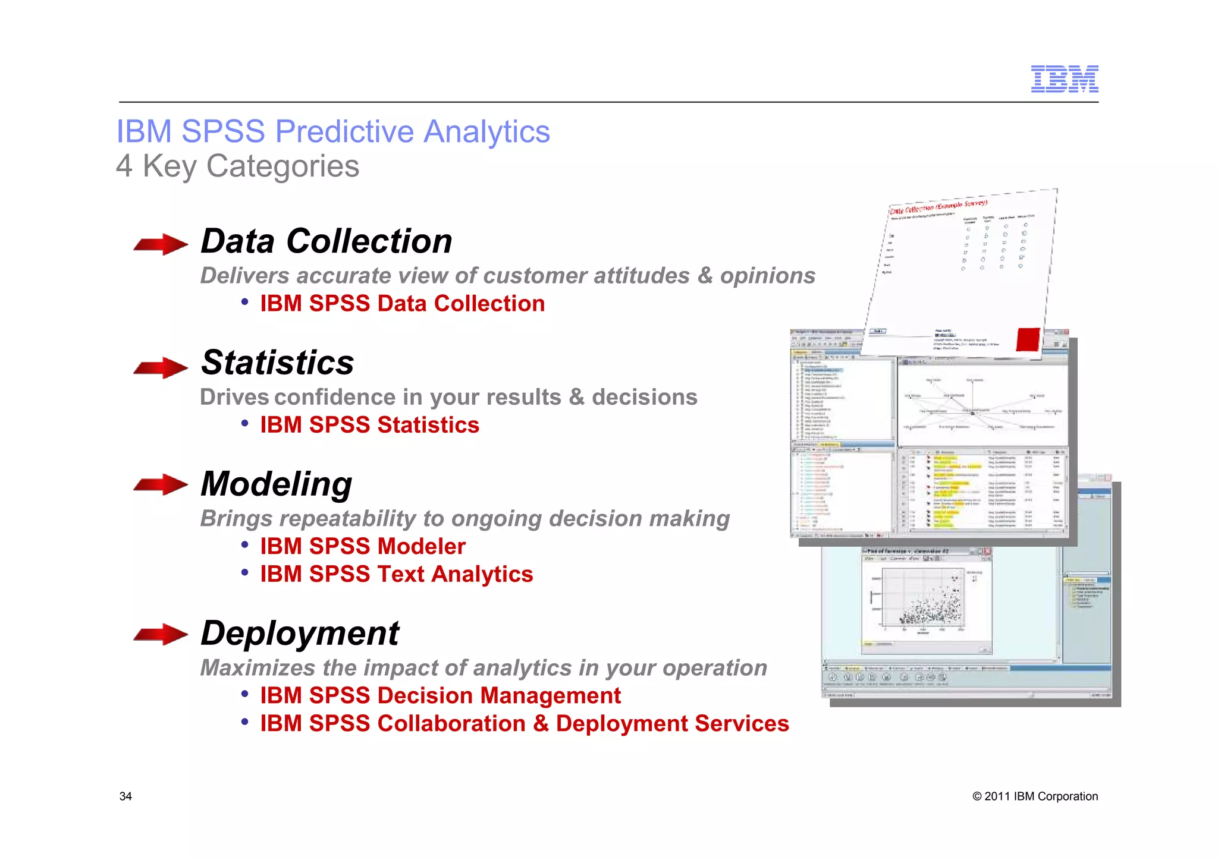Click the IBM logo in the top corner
pos(1064,79)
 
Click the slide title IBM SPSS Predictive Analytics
pos(333,131)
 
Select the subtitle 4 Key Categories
pos(237,166)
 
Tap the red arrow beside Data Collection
pos(161,244)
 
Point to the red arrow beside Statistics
pos(161,367)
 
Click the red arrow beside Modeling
pos(161,484)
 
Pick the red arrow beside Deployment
pos(161,634)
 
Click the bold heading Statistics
pos(277,363)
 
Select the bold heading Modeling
pos(276,484)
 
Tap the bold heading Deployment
pos(300,633)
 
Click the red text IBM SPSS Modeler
pos(362,546)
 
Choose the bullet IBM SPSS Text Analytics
pos(396,574)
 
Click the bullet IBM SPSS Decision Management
pos(440,695)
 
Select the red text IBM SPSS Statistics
pos(369,425)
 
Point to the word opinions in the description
pos(767,276)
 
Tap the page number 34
pos(125,796)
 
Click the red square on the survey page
pos(1028,339)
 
